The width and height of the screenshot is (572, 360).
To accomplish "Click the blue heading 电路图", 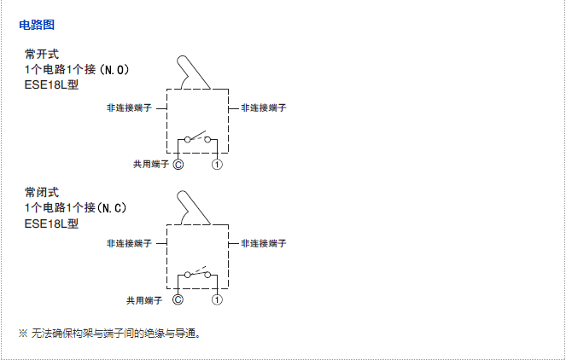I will [37, 26].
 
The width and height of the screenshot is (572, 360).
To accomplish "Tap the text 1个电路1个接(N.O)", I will [77, 69].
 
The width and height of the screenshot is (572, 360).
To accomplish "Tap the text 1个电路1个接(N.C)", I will [77, 207].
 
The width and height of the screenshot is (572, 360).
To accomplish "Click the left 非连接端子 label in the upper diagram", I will [129, 108].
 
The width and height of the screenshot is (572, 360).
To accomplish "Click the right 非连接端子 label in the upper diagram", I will [263, 108].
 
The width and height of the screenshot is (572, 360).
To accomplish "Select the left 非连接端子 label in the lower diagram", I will [129, 243].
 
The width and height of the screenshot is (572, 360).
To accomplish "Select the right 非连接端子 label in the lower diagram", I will [263, 243].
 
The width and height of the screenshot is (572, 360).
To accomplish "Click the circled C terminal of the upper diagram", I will [178, 164].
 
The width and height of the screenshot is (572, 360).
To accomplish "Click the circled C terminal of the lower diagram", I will [178, 299].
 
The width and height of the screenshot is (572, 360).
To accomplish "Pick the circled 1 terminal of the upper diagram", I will [218, 164].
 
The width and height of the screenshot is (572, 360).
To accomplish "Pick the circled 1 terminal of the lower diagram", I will [218, 299].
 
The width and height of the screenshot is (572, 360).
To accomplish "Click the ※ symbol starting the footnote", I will [23, 333].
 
